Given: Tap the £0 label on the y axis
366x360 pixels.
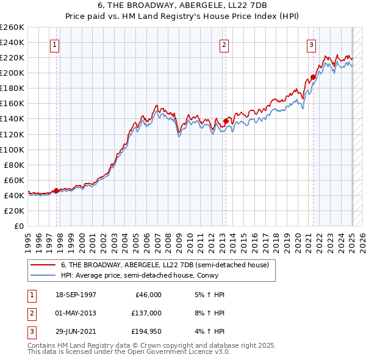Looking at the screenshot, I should (x=20, y=226).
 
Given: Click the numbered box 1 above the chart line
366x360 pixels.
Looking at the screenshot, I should (x=55, y=45).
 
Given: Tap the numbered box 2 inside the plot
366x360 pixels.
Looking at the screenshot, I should (x=224, y=45).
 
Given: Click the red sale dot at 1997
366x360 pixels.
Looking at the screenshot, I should (x=56, y=191).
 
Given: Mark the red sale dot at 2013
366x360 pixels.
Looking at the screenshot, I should (x=226, y=121).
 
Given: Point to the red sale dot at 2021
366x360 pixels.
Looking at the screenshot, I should (x=313, y=77).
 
